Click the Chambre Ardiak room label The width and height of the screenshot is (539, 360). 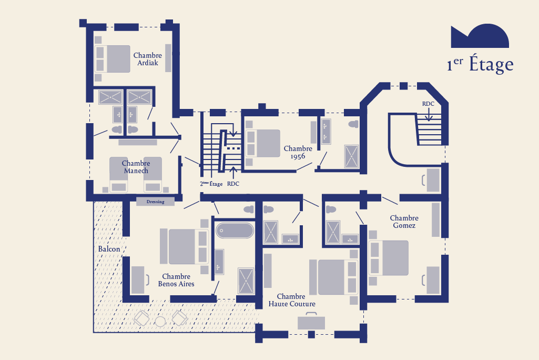[x=147, y=59]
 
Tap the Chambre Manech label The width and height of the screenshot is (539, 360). [x=136, y=167]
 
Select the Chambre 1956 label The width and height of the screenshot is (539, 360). [x=298, y=153]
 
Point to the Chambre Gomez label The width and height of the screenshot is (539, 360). [x=404, y=222]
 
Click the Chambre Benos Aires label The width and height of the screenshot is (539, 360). [x=176, y=280]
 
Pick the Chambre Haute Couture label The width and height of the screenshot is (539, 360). [x=292, y=300]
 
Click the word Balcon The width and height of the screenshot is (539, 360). [x=109, y=249]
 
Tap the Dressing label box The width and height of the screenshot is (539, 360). [x=155, y=202]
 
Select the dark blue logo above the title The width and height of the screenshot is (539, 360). [x=480, y=36]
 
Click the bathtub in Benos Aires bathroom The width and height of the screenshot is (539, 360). [x=235, y=231]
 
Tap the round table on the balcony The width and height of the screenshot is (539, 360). [x=160, y=322]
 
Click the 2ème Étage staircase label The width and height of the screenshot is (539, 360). [x=211, y=184]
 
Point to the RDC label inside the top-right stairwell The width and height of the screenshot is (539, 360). [x=428, y=104]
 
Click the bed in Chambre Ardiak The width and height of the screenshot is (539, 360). [x=113, y=59]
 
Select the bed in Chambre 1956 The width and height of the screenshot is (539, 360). [x=263, y=144]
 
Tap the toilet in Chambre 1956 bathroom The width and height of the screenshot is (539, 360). [x=353, y=124]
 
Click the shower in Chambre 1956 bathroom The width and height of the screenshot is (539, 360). [x=351, y=157]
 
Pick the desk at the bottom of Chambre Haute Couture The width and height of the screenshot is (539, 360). [x=311, y=322]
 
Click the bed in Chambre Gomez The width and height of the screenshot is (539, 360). [x=389, y=258]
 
